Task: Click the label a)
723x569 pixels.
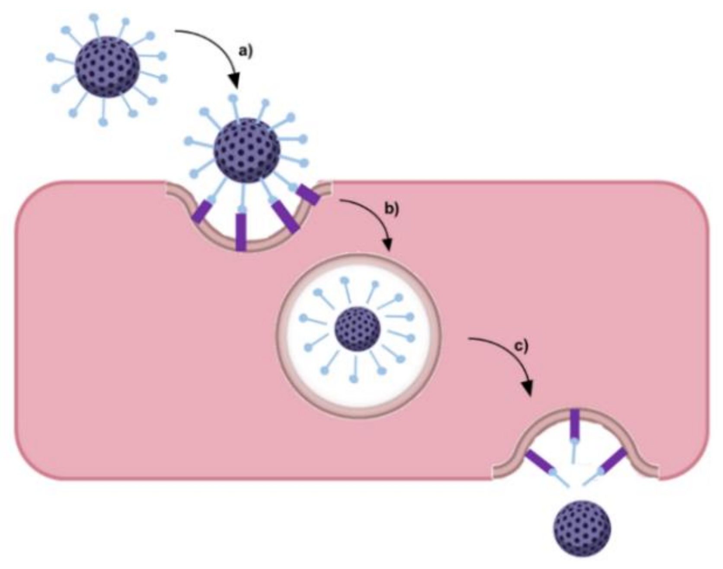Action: [245, 51]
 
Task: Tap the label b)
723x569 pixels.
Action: [392, 209]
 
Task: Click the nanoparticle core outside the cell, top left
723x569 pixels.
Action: [107, 66]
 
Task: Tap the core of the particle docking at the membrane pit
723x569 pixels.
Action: [247, 150]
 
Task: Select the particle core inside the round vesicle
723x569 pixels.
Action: [358, 329]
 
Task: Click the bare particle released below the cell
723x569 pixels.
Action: [582, 528]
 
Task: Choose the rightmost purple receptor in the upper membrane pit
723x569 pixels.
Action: [309, 194]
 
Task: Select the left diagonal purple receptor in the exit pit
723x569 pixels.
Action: [539, 462]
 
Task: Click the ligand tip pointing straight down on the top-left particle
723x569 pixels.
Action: [103, 122]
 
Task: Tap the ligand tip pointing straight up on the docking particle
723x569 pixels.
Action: [233, 98]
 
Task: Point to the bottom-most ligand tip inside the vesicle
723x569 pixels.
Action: [354, 379]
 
